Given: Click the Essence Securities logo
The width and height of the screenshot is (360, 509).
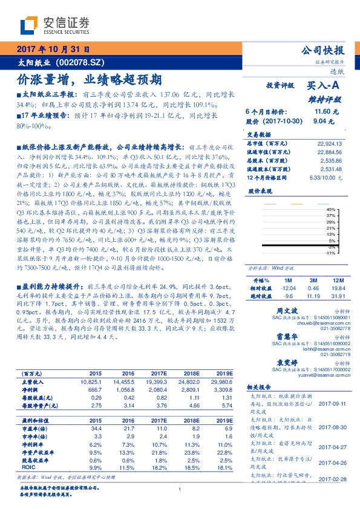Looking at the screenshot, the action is [55, 25].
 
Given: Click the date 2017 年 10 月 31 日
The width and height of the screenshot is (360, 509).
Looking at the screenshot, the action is [53, 50].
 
